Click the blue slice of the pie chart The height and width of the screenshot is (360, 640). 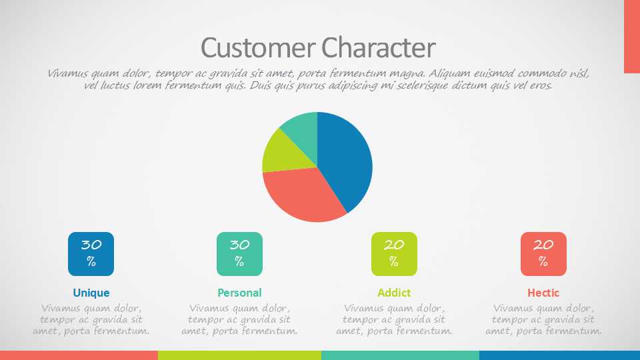[x=347, y=159]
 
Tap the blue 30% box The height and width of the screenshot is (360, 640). [x=91, y=254]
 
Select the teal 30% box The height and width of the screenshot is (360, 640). [x=239, y=254]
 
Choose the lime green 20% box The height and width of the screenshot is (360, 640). [x=394, y=254]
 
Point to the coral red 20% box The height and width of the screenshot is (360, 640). [x=544, y=254]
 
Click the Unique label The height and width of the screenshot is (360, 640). [x=91, y=293]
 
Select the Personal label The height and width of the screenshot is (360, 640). [x=239, y=293]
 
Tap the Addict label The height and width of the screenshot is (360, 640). [x=394, y=293]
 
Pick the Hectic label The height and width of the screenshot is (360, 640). [x=543, y=293]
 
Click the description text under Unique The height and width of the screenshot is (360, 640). [x=91, y=319]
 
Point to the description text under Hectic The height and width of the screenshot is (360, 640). [x=543, y=319]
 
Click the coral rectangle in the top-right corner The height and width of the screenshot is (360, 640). [x=632, y=37]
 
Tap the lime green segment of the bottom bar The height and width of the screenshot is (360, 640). [x=239, y=355]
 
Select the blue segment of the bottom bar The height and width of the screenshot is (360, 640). [x=559, y=355]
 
